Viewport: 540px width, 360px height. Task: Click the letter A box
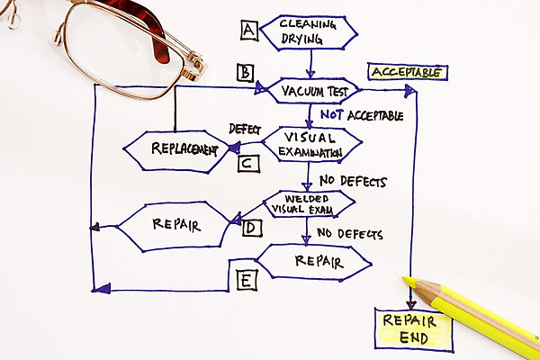click(x=249, y=31)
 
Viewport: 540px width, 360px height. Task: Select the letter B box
click(x=244, y=72)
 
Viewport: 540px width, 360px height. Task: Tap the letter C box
click(x=249, y=163)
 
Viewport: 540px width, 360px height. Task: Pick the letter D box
click(x=252, y=228)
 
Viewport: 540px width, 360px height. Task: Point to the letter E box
click(x=246, y=280)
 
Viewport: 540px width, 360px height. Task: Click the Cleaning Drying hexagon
click(x=306, y=31)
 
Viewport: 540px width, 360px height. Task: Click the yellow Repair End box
click(x=413, y=329)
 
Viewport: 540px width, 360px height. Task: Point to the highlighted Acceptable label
click(x=408, y=72)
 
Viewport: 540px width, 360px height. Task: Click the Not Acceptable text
click(x=360, y=115)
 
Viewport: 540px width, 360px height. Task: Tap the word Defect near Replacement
click(x=244, y=129)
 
